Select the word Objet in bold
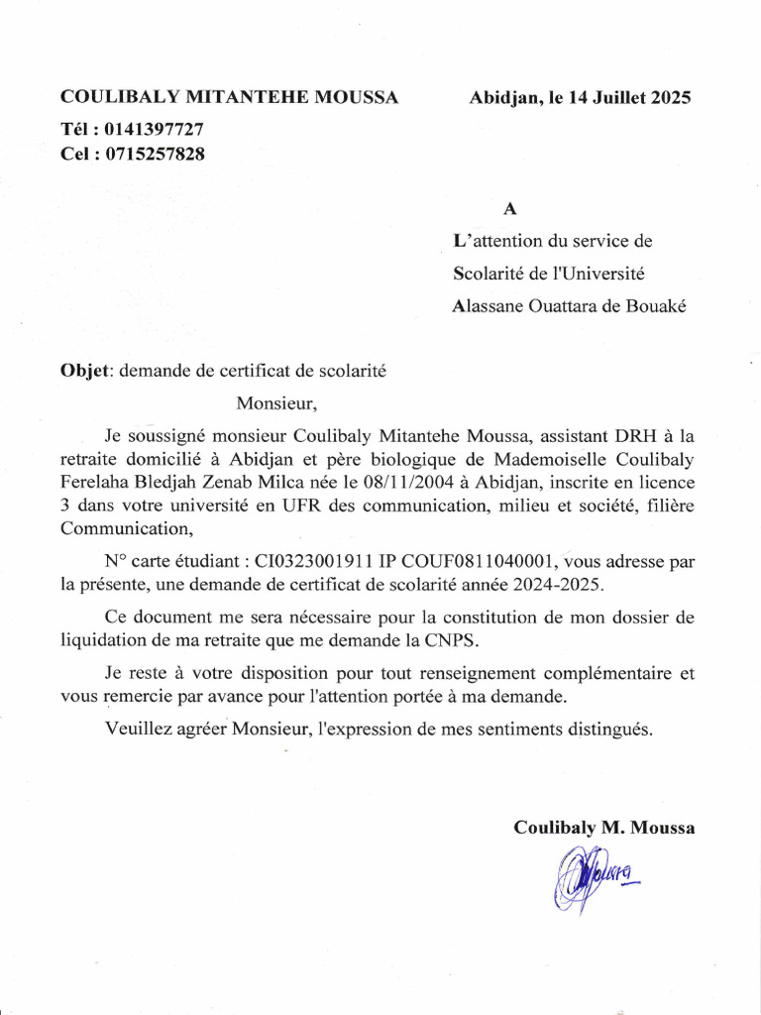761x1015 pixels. coord(87,372)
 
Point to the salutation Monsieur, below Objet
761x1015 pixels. coord(276,403)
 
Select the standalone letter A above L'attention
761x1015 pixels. coord(510,209)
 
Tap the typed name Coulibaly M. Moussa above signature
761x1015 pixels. coord(603,828)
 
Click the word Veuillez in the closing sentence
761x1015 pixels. coord(135,729)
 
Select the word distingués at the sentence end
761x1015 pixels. coord(608,729)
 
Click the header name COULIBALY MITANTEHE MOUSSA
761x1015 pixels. coord(230,97)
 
